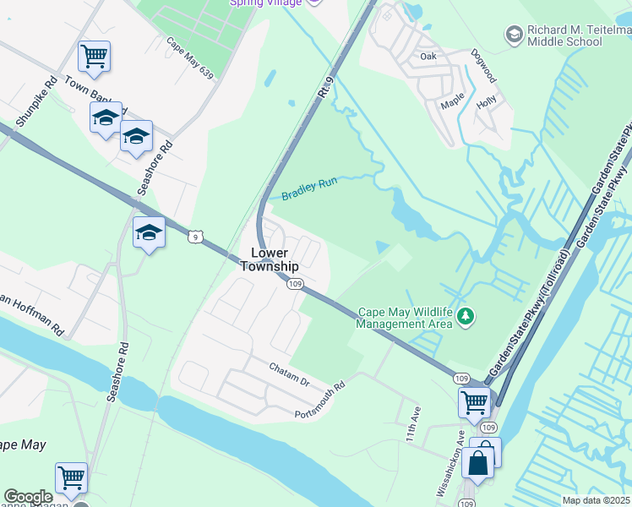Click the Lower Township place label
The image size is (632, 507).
tap(270, 259)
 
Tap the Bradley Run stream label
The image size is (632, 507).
tap(309, 187)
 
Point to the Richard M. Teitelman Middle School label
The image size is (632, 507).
tap(579, 35)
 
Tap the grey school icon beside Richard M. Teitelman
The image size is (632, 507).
tap(513, 35)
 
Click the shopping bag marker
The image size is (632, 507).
tap(478, 463)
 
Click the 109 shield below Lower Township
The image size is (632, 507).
tap(294, 285)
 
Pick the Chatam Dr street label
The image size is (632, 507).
tap(290, 373)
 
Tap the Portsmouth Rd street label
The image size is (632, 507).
tap(321, 400)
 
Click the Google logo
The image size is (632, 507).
tap(28, 497)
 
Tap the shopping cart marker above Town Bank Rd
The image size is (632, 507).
tap(95, 57)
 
